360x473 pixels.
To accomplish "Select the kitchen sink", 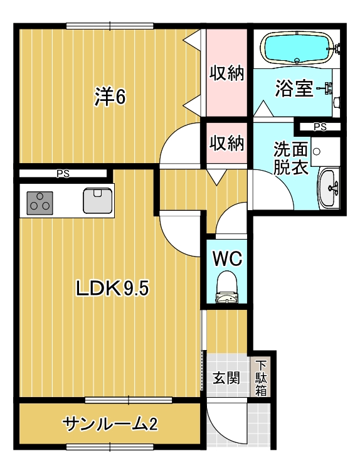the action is (x=97, y=200).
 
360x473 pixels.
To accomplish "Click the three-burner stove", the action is (x=40, y=203).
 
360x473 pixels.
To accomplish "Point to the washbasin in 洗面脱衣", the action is (x=329, y=188).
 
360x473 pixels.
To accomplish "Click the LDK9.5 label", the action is (x=112, y=288).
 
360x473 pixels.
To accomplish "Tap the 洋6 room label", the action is (x=110, y=97).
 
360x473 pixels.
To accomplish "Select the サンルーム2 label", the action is (x=110, y=424).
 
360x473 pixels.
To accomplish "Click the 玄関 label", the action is (x=226, y=378).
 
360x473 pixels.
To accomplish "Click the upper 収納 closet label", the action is (x=227, y=73).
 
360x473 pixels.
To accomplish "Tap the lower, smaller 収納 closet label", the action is (x=227, y=142).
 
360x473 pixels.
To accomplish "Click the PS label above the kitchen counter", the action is (x=63, y=174).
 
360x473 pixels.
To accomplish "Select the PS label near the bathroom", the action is (x=320, y=127).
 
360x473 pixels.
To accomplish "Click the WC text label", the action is (x=227, y=258).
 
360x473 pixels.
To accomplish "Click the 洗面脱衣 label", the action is (x=290, y=159).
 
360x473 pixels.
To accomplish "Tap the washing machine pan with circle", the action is (x=326, y=151).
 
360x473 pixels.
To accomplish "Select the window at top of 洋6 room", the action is (x=110, y=26).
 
